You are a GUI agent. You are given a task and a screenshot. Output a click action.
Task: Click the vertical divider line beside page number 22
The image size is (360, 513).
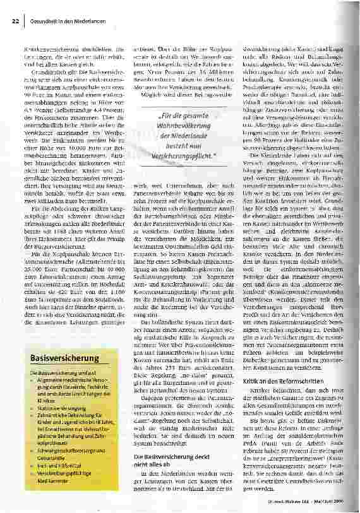pos(25,21)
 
